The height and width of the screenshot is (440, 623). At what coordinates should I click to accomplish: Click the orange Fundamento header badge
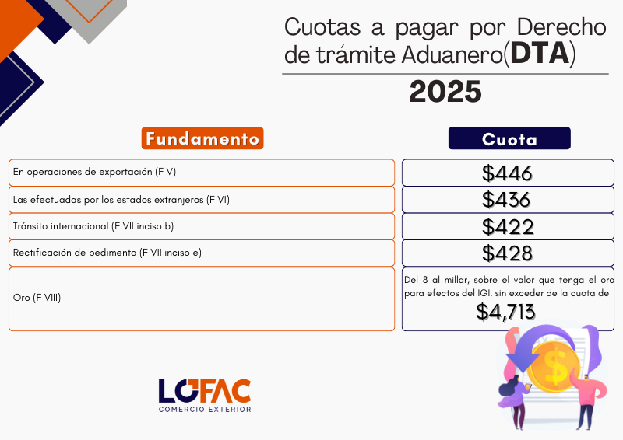point(202,138)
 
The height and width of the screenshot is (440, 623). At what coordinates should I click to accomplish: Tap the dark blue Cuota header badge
point(509,138)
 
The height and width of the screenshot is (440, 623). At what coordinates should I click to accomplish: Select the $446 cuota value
point(507,173)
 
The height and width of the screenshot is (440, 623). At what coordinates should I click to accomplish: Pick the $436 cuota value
point(506,200)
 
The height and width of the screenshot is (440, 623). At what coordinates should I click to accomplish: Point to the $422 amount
point(508,226)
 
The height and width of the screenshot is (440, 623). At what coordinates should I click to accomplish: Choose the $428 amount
point(507,253)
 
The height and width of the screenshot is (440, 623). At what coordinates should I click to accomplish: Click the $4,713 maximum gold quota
point(505,312)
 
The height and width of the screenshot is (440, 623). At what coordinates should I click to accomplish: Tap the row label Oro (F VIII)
point(37,298)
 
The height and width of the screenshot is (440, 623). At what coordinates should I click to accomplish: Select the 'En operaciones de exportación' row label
point(94,173)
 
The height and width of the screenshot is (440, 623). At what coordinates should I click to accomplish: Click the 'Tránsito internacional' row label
point(93,226)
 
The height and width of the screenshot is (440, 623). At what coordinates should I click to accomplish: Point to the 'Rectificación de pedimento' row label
point(107,253)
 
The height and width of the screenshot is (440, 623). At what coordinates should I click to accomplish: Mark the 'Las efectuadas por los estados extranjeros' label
point(121,200)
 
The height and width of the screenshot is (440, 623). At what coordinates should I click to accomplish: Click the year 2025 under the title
point(445,92)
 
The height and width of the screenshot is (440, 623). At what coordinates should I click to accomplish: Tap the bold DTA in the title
point(540,53)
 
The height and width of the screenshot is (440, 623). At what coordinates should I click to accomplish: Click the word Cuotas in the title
point(322,27)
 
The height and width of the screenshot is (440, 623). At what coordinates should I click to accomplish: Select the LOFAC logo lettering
point(205,391)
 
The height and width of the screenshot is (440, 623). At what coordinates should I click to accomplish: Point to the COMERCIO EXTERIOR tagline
point(205,409)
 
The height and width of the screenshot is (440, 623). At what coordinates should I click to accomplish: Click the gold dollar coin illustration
point(555,368)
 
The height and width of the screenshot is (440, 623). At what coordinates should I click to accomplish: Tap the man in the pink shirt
point(588,400)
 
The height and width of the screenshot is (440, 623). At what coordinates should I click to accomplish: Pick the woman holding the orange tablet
point(515,401)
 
